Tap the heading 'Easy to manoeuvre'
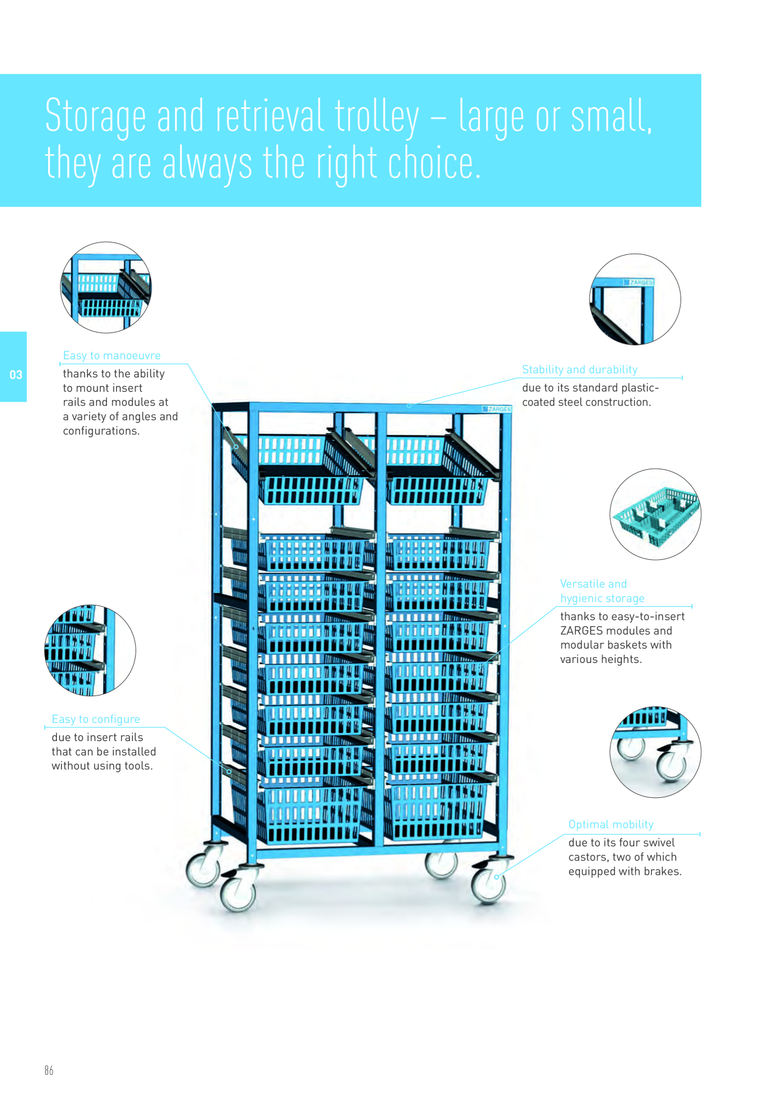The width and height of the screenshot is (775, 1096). (112, 356)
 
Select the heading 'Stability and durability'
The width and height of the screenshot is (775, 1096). (579, 369)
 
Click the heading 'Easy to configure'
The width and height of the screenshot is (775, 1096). (96, 719)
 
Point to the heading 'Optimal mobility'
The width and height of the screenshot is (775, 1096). (611, 824)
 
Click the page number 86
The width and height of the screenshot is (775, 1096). (49, 1070)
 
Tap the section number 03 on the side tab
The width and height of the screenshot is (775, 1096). (16, 375)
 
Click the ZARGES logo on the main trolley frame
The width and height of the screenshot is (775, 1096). (497, 409)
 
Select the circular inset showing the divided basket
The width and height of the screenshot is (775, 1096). (655, 514)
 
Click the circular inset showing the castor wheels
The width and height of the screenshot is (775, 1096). (655, 752)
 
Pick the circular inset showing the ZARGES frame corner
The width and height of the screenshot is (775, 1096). (635, 299)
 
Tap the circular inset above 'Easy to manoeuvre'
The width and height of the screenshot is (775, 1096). (106, 287)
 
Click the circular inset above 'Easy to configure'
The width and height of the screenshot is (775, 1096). (90, 650)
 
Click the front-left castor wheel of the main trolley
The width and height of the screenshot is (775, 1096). (238, 890)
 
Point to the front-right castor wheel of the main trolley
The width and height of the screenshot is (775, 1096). (489, 883)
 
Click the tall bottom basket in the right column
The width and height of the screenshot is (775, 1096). (436, 809)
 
